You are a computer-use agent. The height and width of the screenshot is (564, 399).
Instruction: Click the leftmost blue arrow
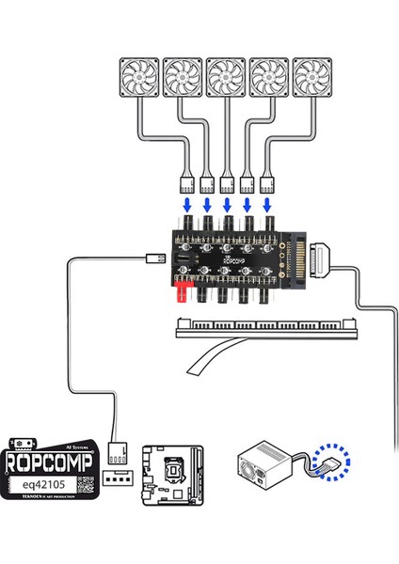[x=185, y=203]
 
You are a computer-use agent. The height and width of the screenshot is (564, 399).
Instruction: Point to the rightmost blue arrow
[x=268, y=203]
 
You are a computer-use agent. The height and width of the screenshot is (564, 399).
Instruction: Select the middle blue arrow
[x=227, y=203]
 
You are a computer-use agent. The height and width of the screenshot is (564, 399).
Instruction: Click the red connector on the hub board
[x=177, y=297]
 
